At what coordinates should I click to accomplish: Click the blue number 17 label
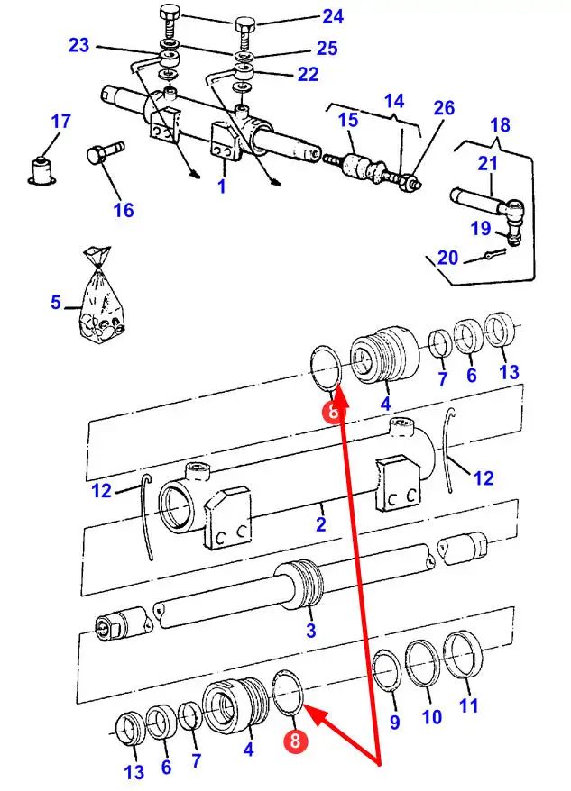61,122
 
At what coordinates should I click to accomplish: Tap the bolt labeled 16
106,151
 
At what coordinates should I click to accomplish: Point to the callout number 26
444,108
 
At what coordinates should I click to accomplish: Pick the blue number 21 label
488,163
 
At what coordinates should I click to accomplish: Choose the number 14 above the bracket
394,101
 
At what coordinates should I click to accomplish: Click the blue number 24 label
333,16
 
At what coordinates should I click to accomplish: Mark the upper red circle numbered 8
333,412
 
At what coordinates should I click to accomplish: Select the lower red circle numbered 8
295,741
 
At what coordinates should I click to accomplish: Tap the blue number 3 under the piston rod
311,630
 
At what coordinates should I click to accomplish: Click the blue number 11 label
468,705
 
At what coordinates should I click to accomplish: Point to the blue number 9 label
394,722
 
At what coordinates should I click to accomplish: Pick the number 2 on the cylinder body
321,524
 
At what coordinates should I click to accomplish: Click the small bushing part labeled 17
41,171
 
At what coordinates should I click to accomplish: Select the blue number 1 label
221,186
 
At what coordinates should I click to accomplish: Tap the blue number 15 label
348,120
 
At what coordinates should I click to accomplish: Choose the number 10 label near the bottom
431,717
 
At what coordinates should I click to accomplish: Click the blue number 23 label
78,45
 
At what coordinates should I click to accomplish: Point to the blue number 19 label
481,229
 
